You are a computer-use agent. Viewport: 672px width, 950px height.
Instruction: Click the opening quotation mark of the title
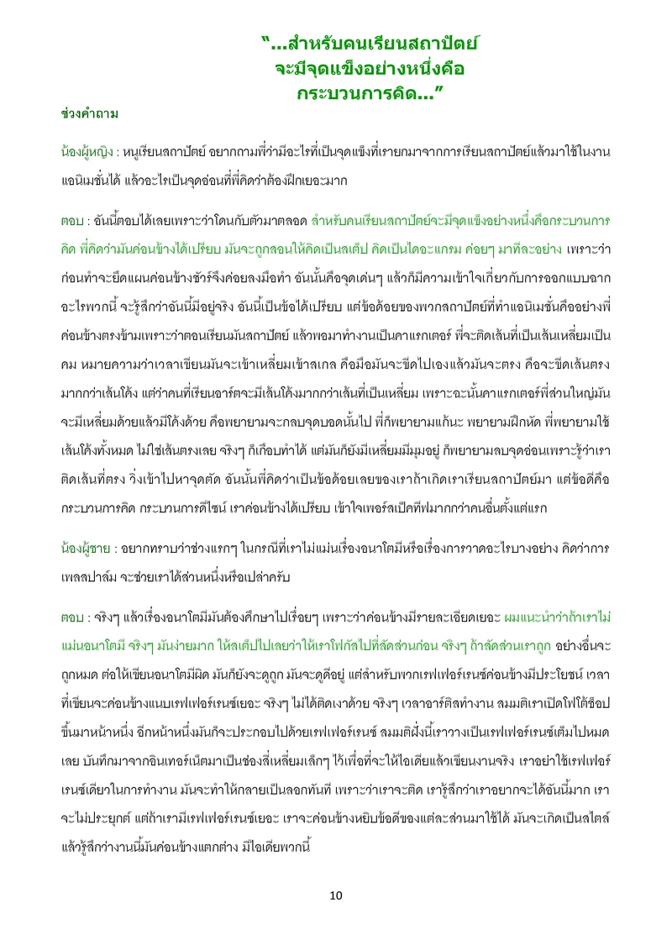click(266, 39)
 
